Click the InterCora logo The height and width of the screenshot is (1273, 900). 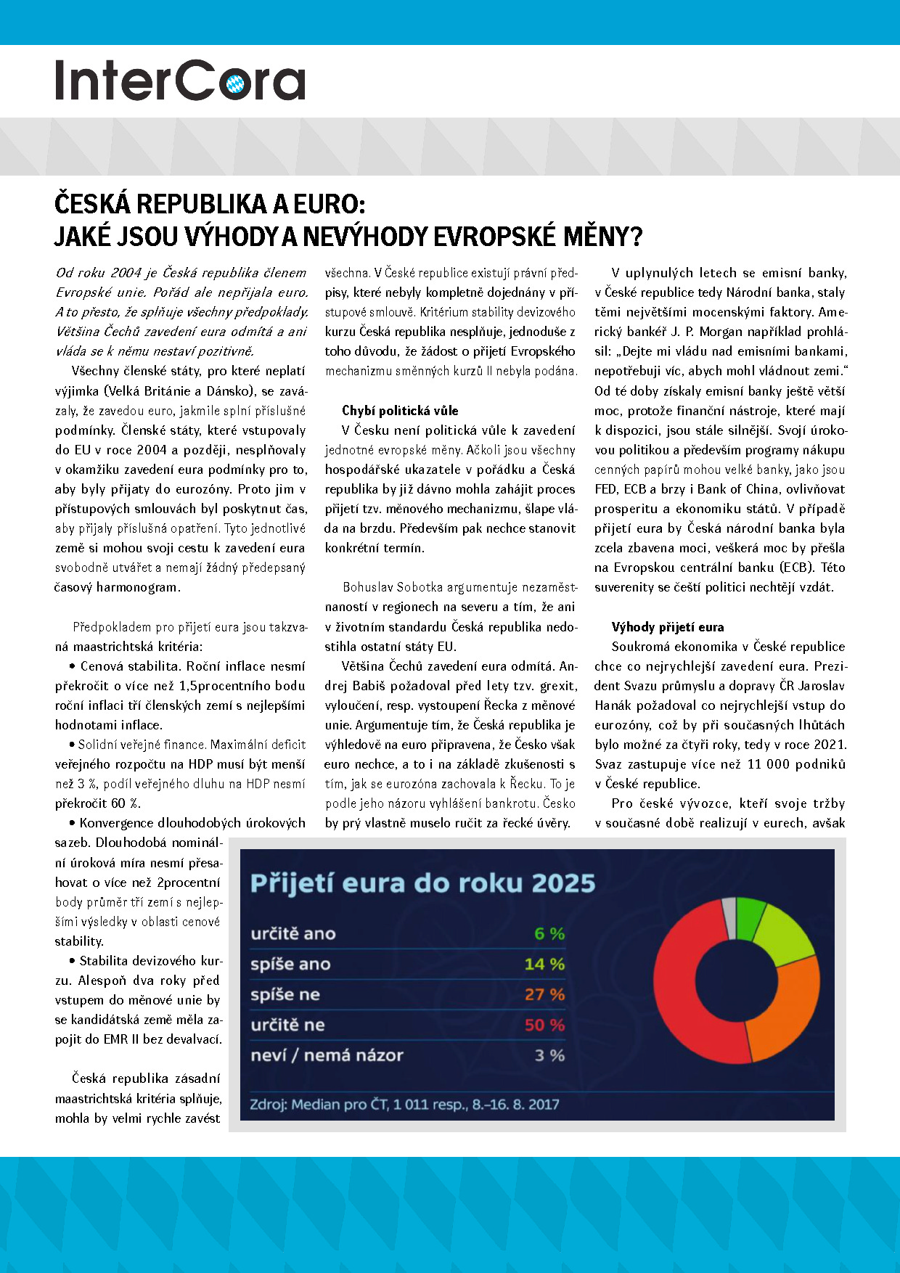[x=180, y=80]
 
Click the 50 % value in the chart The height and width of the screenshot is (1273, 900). [x=544, y=1025]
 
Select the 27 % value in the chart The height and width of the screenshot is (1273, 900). [x=544, y=994]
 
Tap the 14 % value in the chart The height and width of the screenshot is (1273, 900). [x=544, y=964]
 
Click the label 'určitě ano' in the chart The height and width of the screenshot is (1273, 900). [x=293, y=933]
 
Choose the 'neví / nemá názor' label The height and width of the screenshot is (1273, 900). [x=327, y=1055]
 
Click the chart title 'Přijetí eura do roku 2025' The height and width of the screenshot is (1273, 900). [x=422, y=883]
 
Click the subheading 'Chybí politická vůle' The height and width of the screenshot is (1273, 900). [x=400, y=411]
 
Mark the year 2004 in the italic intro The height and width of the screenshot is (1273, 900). [x=126, y=273]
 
